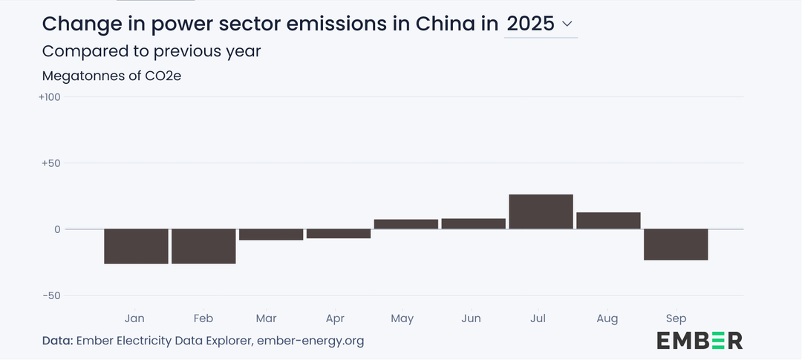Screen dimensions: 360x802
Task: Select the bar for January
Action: coord(136,246)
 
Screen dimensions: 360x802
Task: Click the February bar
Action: coord(203,246)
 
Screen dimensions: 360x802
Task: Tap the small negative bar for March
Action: coord(271,235)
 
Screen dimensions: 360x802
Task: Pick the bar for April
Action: coord(339,234)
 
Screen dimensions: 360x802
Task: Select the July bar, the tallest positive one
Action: coord(541,212)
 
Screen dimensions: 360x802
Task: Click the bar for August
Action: coord(608,220)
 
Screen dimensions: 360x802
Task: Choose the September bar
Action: coord(676,244)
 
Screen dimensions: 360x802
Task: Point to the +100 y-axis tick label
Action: coord(49,97)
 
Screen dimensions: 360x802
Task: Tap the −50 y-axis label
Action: coord(50,295)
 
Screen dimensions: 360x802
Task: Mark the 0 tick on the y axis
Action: coord(56,229)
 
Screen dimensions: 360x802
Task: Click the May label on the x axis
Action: coord(402,318)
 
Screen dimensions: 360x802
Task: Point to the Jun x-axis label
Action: coord(471,318)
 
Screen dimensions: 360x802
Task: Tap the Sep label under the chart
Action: coord(676,318)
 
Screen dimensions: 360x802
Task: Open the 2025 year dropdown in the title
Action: coord(540,24)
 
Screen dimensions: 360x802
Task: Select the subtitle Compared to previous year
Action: coord(151,51)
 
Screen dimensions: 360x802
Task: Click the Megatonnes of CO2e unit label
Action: coord(111,76)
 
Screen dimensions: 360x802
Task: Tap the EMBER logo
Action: coord(699,341)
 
